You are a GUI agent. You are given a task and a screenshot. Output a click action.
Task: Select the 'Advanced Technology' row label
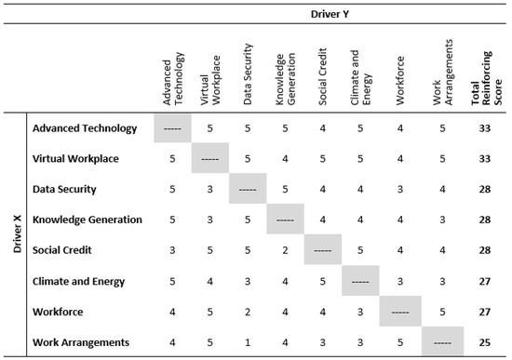[84, 128]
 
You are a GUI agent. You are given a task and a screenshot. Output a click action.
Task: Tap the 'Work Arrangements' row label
[81, 342]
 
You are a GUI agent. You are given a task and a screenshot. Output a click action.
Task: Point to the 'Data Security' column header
[247, 82]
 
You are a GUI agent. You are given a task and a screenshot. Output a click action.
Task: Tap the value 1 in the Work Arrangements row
[248, 342]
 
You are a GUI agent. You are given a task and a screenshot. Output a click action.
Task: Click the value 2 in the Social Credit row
[285, 250]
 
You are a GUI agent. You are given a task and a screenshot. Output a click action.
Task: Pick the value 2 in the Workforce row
[248, 312]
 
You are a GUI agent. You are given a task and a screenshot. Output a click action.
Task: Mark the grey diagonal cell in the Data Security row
[248, 190]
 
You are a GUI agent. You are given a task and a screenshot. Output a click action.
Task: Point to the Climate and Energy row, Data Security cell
[248, 281]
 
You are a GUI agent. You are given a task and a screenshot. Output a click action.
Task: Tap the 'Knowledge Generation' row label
[86, 220]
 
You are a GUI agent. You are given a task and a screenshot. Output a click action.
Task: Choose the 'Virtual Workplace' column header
[209, 82]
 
